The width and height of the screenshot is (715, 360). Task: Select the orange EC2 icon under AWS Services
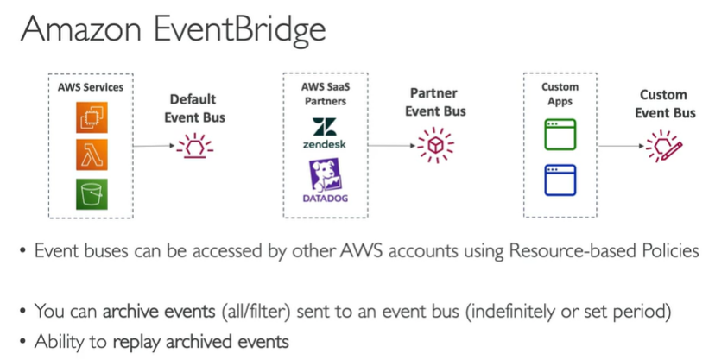pyautogui.click(x=90, y=117)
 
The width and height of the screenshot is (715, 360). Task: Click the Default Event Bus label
pyautogui.click(x=193, y=107)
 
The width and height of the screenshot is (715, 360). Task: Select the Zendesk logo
pyautogui.click(x=325, y=133)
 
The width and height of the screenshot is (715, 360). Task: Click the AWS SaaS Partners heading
pyautogui.click(x=325, y=94)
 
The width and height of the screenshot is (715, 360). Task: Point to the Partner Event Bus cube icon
pyautogui.click(x=434, y=144)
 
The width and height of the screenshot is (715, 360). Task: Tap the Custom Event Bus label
pyautogui.click(x=664, y=104)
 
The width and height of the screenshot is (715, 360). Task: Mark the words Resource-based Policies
pyautogui.click(x=602, y=251)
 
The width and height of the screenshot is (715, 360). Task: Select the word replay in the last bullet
pyautogui.click(x=133, y=340)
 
